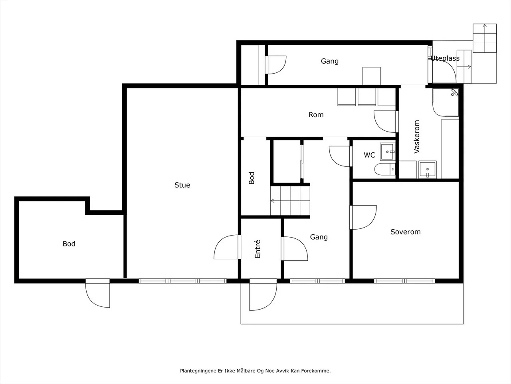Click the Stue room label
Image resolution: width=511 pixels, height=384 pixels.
click(182, 185)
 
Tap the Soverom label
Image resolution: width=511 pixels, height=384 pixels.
click(406, 232)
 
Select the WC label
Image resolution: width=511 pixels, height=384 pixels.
click(369, 155)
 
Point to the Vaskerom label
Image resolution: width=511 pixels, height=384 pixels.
click(417, 137)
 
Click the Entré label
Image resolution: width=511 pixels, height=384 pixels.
click(257, 249)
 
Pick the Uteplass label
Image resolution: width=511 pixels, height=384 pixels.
click(445, 58)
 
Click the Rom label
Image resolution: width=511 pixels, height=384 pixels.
click(316, 115)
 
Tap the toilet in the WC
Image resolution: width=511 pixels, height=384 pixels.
click(385, 169)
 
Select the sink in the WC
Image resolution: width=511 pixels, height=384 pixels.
click(388, 152)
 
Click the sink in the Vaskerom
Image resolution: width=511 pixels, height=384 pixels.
click(428, 170)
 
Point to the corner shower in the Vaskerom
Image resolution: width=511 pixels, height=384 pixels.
click(446, 102)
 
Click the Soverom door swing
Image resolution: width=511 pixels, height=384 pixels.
click(363, 217)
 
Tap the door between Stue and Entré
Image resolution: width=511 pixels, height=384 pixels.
click(227, 247)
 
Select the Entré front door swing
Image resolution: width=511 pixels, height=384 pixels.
click(263, 297)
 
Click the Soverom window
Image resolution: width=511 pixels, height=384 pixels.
click(404, 281)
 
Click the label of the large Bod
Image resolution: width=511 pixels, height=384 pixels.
click(69, 244)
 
